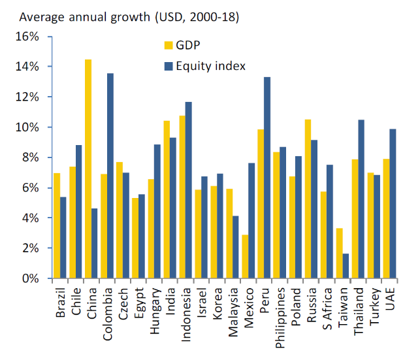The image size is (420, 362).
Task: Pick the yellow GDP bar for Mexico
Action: click(244, 256)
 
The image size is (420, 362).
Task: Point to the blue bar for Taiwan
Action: click(345, 266)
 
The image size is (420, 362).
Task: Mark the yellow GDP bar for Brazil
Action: click(57, 225)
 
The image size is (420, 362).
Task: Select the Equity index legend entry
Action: click(206, 65)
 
